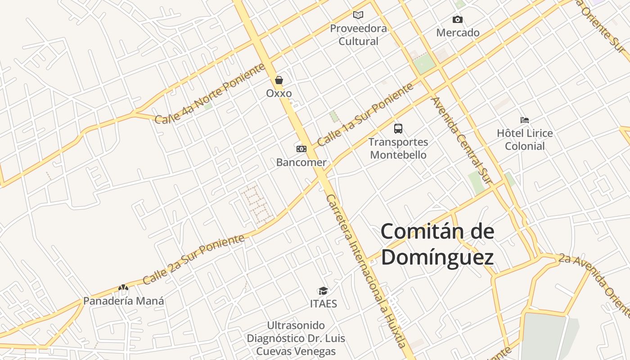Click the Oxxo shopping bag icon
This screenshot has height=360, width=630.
click(279, 81)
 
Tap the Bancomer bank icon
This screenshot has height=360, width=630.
click(301, 148)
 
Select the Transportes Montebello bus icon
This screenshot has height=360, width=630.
click(398, 129)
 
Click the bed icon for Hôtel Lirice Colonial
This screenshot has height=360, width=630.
click(525, 120)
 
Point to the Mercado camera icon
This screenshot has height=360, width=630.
click(458, 19)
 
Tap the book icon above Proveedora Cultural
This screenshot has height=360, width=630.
click(358, 15)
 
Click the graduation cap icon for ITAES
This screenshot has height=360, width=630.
click(323, 291)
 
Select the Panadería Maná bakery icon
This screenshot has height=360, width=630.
click(123, 287)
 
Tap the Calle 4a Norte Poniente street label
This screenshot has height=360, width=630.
click(210, 94)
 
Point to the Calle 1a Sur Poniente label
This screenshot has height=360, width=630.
click(365, 115)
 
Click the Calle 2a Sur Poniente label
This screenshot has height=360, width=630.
click(194, 260)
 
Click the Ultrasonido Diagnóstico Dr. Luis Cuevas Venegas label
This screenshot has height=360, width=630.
click(296, 338)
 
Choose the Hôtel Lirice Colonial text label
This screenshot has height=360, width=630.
click(525, 139)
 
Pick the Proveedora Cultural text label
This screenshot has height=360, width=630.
click(358, 35)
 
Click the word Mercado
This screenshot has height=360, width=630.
click(458, 33)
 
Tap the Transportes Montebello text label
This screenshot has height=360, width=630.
click(398, 148)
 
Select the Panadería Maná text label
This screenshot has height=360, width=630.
click(123, 301)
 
